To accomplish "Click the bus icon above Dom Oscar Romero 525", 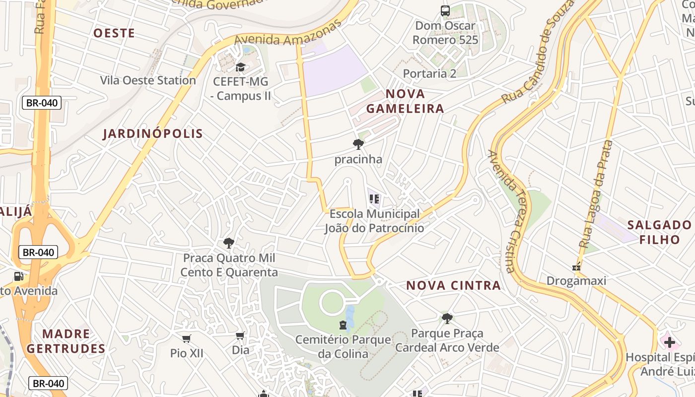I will [x=445, y=10].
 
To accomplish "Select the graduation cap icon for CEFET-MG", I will [x=241, y=67].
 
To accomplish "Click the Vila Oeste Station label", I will [x=148, y=80].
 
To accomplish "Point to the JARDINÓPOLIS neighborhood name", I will [x=153, y=133].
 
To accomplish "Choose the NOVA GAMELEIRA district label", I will [x=405, y=101].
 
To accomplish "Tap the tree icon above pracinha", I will [x=358, y=145].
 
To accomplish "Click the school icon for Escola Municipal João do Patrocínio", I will [x=374, y=199].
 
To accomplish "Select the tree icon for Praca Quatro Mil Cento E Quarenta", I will [x=229, y=243].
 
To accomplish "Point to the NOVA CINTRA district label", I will [x=454, y=285].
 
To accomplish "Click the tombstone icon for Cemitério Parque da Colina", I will [x=343, y=325].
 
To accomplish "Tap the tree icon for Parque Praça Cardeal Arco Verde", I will [x=447, y=318].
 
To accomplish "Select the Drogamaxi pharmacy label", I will [x=576, y=281].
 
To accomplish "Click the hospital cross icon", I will [x=670, y=342].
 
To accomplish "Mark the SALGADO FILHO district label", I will [x=659, y=232].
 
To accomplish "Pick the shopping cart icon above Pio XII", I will [x=187, y=338].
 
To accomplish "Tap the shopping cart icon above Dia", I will [x=241, y=336].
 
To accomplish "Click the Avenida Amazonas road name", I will [x=288, y=34].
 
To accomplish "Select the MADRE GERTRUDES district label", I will [x=66, y=341].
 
